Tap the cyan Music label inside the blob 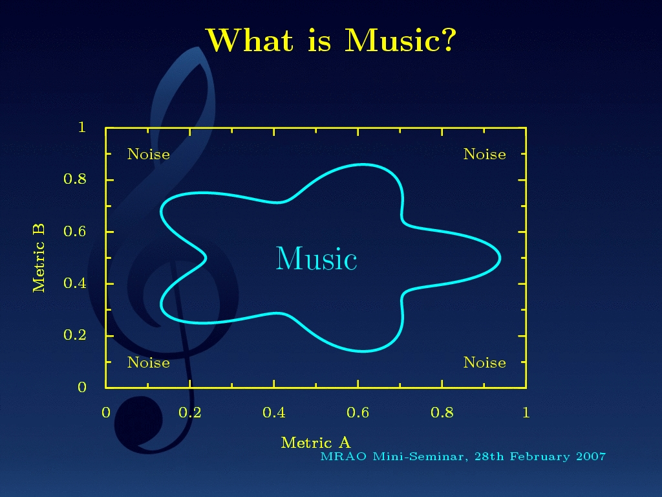coord(316,258)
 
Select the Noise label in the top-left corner coord(149,154)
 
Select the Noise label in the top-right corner coord(485,154)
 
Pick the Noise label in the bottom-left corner coord(149,362)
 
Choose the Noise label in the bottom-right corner coord(485,362)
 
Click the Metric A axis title coord(315,443)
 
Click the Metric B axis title coord(39,258)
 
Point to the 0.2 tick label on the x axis coord(190,412)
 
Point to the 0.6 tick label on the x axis coord(358,412)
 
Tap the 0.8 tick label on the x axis coord(442,412)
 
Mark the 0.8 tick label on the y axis coord(75,179)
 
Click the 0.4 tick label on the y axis coord(75,283)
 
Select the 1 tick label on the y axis coord(82,127)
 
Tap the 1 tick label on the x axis coord(526,412)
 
